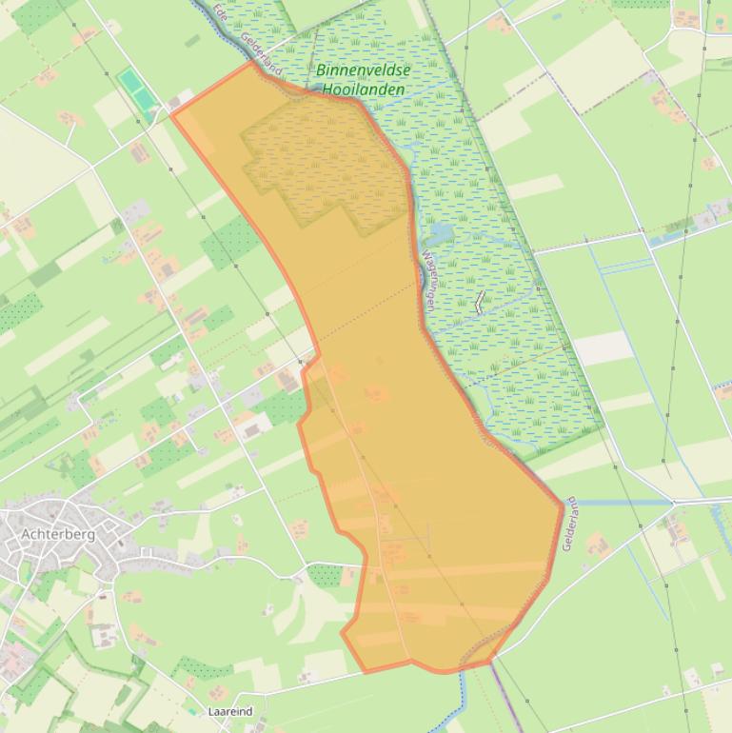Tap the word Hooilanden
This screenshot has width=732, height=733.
(363, 89)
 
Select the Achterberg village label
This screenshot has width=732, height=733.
(58, 535)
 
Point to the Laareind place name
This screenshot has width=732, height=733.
(229, 711)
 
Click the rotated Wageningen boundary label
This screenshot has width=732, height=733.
(428, 282)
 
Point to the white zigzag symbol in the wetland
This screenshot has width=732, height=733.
(479, 303)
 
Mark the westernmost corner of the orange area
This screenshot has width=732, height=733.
(172, 113)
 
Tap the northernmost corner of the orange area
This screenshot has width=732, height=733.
(252, 63)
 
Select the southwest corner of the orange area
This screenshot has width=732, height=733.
(364, 672)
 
